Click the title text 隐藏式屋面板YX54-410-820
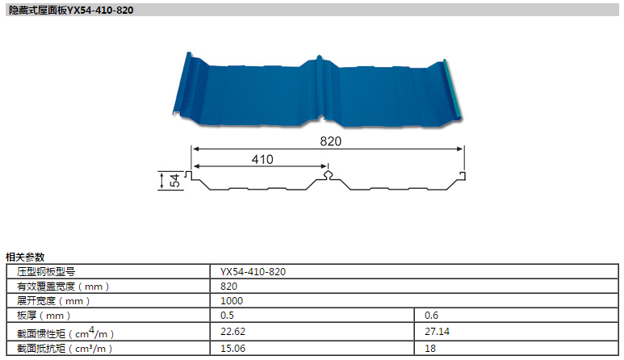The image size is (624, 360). click(x=71, y=10)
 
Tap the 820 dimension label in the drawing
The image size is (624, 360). click(x=331, y=141)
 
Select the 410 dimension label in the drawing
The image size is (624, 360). click(x=262, y=160)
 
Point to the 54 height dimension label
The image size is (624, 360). click(x=174, y=180)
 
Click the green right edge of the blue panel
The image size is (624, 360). click(x=453, y=89)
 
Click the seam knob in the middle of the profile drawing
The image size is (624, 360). click(x=328, y=174)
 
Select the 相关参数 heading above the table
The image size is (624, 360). click(x=25, y=257)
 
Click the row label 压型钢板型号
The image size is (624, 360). click(x=46, y=272)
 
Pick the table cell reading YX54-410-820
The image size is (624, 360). click(x=253, y=272)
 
